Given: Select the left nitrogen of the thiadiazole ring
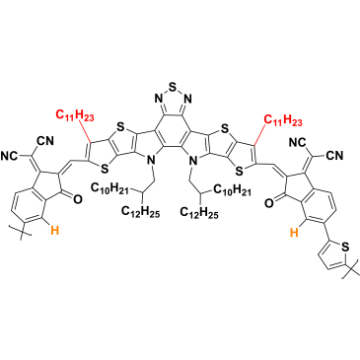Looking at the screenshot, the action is click(x=158, y=98).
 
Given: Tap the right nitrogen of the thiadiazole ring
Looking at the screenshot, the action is click(x=188, y=98).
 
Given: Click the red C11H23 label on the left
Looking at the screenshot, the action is click(x=75, y=115).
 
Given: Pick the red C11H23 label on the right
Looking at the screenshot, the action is click(x=283, y=121).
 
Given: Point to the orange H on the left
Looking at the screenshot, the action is click(x=55, y=231).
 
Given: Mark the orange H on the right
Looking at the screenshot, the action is click(x=295, y=234).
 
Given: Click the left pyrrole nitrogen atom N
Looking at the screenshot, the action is click(x=151, y=161).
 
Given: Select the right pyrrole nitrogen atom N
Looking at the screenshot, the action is click(x=194, y=161).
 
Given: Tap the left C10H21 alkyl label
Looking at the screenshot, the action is click(x=109, y=189).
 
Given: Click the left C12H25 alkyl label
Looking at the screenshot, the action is click(x=141, y=212).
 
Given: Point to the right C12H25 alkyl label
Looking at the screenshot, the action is click(x=199, y=212).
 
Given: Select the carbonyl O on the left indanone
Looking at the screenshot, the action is click(x=77, y=198).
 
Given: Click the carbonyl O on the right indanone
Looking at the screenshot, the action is click(x=268, y=203).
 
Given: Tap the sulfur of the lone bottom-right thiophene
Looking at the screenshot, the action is click(x=344, y=246).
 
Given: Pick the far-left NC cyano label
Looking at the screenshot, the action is click(x=11, y=155).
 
